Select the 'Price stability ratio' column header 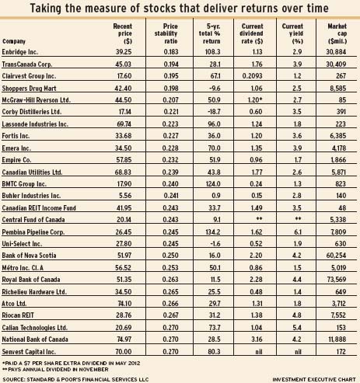pos(166,33)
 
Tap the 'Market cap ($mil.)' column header pos(337,33)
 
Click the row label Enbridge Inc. pos(19,52)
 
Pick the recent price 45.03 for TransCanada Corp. pos(123,64)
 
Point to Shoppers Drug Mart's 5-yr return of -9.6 pos(214,89)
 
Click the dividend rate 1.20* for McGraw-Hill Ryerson pos(255,100)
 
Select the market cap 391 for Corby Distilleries pos(341,112)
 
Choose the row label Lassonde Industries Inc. pos(35,124)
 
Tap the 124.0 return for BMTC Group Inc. pos(213,184)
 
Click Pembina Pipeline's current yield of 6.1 pos(297,232)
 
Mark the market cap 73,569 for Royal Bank pos(337,280)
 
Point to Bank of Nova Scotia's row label pos(29,256)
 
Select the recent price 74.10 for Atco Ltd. pos(124,303)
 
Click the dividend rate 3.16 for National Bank pos(257,339)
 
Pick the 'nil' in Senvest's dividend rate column pos(259,352)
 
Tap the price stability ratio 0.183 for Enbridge pos(171,52)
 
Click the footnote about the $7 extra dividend pos(71,363)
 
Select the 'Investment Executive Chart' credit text pos(314,379)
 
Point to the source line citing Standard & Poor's pos(75,379)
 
